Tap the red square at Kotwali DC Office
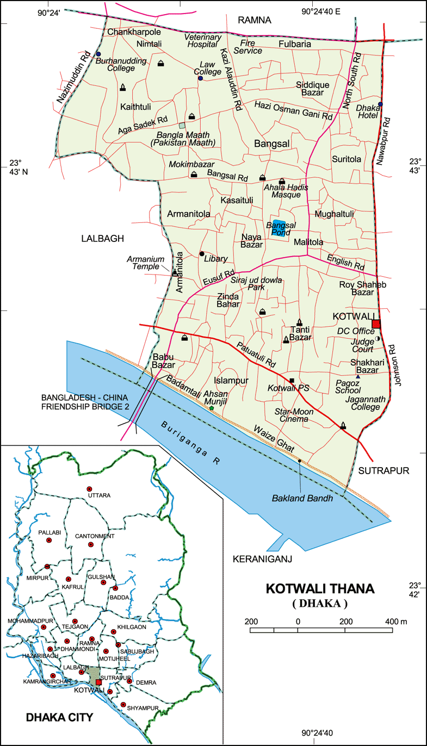375,325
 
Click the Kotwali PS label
288,388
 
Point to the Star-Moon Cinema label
294,415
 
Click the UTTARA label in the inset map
99,495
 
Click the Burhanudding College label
121,65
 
